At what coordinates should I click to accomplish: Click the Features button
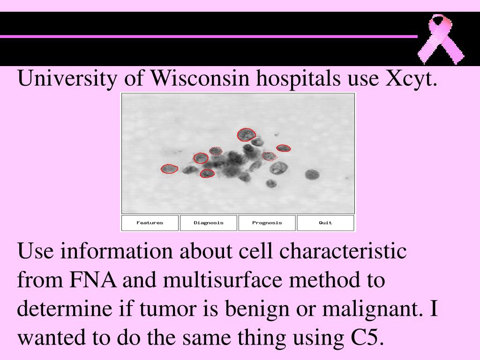click(x=150, y=223)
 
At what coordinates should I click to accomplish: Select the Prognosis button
click(x=267, y=223)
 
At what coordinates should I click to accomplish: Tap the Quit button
click(x=325, y=223)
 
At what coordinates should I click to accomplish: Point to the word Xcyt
click(x=411, y=79)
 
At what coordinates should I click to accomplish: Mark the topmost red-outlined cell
click(x=245, y=135)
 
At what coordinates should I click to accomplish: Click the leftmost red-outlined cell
click(x=169, y=169)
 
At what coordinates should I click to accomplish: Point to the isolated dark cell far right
click(x=312, y=175)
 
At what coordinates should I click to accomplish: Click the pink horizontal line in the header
click(x=209, y=36)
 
